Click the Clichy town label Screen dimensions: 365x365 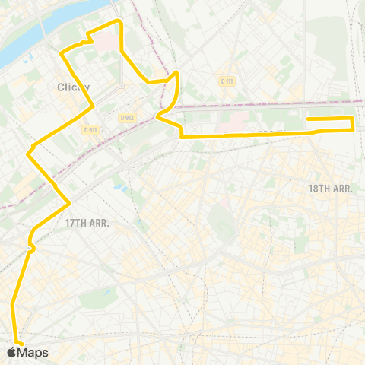pyautogui.click(x=74, y=87)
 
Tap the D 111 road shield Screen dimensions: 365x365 pyautogui.click(x=227, y=81)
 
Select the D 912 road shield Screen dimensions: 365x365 pyautogui.click(x=126, y=117)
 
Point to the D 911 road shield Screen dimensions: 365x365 pyautogui.click(x=91, y=130)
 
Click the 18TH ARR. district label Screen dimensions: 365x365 pyautogui.click(x=331, y=188)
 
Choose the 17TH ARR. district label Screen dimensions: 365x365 pyautogui.click(x=87, y=224)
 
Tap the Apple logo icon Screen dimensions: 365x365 pyautogui.click(x=11, y=352)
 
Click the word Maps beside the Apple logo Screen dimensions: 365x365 pyautogui.click(x=33, y=352)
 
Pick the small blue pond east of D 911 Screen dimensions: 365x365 pyautogui.click(x=118, y=186)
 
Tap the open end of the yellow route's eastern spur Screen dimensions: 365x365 pyautogui.click(x=307, y=118)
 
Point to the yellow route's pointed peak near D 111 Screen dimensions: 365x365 pyautogui.click(x=176, y=72)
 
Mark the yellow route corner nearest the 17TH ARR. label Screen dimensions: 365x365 pyautogui.click(x=70, y=202)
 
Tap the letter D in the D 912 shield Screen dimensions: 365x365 pyautogui.click(x=122, y=117)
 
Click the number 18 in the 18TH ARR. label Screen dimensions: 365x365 pyautogui.click(x=313, y=188)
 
